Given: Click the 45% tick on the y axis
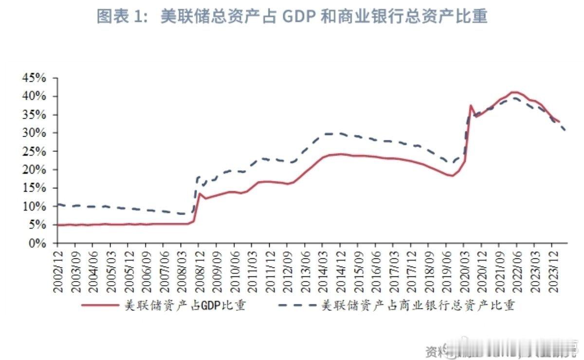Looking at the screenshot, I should point(34,78).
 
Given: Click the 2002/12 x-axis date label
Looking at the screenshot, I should point(58,270).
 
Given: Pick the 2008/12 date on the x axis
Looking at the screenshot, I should point(199,270).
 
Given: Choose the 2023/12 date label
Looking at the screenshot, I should point(552,270).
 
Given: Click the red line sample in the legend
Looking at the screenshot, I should point(100,306).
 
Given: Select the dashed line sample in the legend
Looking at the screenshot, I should point(297,306).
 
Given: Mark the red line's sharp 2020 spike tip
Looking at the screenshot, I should point(471,105).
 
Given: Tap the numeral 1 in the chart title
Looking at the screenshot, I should point(140,17).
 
